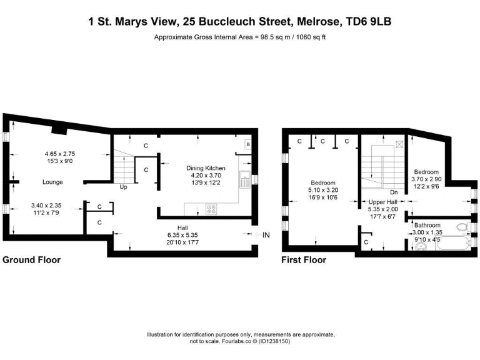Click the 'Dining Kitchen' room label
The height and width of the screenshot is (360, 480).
206,168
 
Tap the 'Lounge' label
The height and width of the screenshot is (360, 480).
52,182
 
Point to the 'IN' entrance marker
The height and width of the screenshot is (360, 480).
266,235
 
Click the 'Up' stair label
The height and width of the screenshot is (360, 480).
124,186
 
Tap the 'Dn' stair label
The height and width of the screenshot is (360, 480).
394,192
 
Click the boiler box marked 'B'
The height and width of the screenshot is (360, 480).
247,144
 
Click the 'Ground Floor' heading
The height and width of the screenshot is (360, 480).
32,259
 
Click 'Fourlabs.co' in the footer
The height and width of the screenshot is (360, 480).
222,341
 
